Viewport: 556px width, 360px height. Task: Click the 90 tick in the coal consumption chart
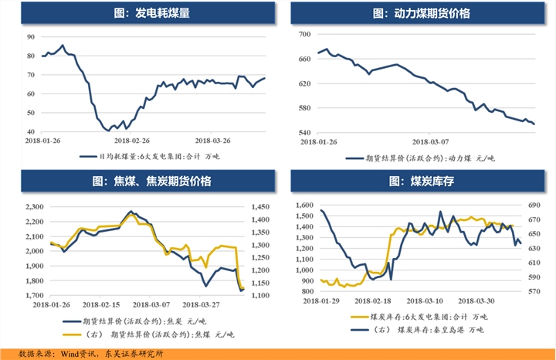tap(31, 37)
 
